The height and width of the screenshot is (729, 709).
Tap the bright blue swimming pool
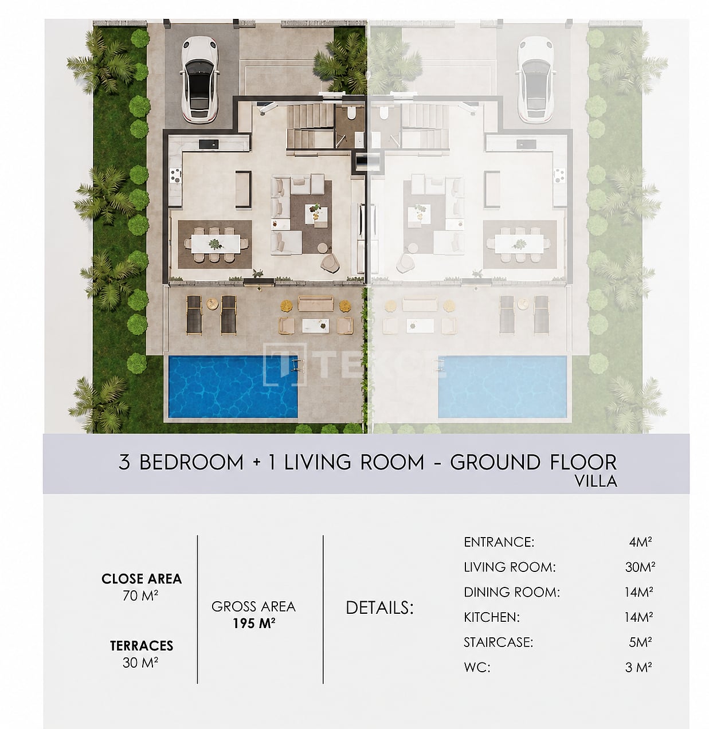click(x=233, y=386)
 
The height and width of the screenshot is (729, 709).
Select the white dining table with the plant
click(x=216, y=244)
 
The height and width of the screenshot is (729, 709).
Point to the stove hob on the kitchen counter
click(x=175, y=174)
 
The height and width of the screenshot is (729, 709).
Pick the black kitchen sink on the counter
click(x=209, y=143)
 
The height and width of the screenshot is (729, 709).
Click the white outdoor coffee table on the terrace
click(x=316, y=326)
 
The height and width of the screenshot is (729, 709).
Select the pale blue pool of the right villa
click(x=502, y=386)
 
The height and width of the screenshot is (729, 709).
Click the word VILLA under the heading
click(x=596, y=481)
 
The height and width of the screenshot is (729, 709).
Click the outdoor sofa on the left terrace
click(x=316, y=303)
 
